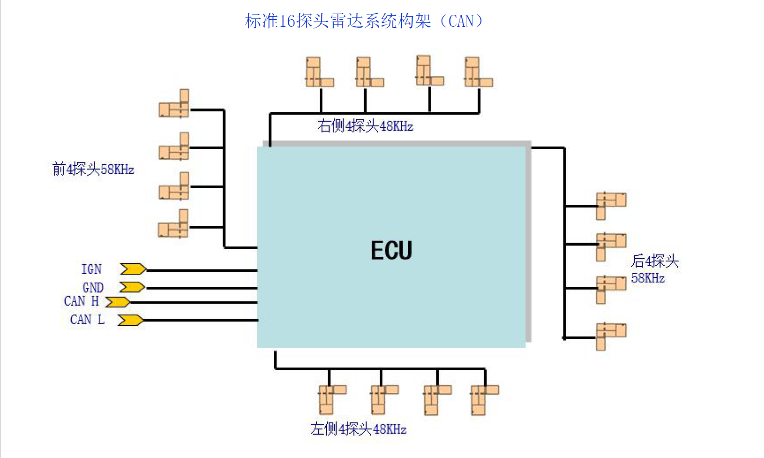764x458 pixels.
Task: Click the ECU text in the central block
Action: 391,250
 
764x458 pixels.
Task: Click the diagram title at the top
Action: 364,21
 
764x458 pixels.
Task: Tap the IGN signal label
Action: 92,269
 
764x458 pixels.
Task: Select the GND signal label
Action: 93,288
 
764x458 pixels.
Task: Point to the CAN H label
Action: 81,301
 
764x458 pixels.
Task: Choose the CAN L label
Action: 87,320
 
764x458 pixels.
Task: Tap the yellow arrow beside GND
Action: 132,287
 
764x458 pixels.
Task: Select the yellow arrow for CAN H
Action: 117,302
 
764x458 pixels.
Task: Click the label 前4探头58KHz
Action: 93,169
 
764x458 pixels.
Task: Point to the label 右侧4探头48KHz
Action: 365,126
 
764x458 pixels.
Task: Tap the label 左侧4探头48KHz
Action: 358,429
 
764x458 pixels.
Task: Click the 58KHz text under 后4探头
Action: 648,278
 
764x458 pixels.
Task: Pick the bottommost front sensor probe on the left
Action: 174,225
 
